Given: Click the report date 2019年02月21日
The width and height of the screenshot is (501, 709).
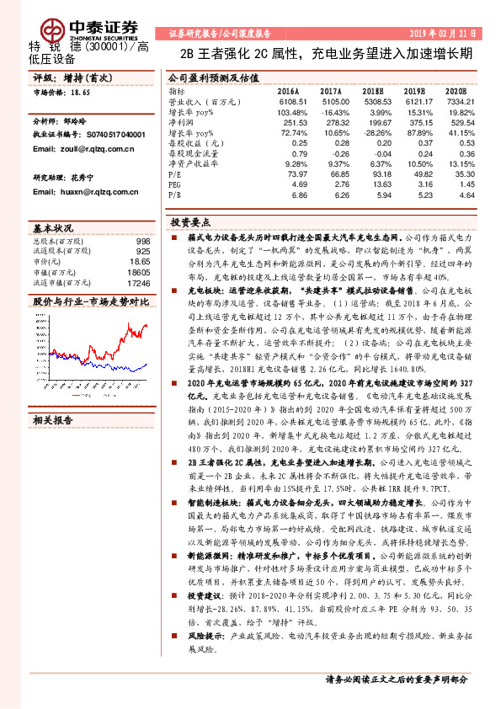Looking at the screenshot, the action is (x=443, y=31).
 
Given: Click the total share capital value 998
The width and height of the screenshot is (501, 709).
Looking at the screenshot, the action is (x=142, y=241).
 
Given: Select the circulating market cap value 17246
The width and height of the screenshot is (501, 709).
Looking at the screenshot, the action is (x=139, y=285).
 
